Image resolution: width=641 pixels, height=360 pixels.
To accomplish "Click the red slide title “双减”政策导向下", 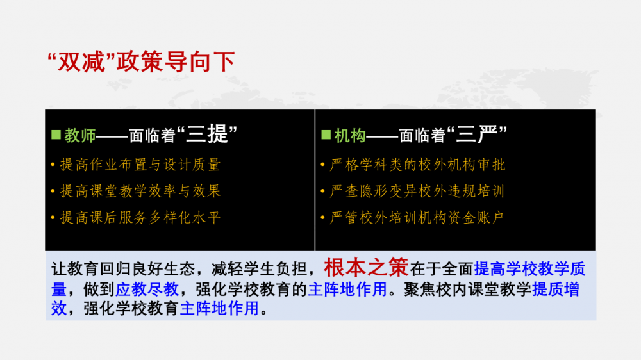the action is (x=141, y=62).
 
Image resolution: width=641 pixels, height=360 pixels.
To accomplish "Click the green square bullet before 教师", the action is (x=56, y=135).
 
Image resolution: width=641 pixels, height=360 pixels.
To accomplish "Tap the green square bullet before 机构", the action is (x=326, y=135).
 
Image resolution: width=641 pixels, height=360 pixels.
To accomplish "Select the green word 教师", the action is (x=79, y=136).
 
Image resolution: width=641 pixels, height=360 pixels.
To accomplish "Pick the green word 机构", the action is (x=350, y=136).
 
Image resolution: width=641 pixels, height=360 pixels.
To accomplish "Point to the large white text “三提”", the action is (x=207, y=134).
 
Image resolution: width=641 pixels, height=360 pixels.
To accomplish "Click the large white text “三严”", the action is (x=477, y=134).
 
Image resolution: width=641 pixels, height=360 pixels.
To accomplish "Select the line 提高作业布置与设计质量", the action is (x=140, y=165).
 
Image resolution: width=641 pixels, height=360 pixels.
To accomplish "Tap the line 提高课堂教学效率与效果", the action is (x=140, y=191).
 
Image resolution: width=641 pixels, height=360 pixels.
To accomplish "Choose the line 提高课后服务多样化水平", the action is (x=140, y=217).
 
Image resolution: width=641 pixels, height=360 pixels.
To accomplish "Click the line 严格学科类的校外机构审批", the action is (x=417, y=165).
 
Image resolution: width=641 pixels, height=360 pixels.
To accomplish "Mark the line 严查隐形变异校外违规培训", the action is (x=417, y=191).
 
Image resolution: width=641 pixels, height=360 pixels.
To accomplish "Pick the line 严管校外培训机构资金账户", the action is (x=417, y=217).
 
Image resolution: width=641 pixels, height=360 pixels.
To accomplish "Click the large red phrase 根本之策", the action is (x=366, y=267).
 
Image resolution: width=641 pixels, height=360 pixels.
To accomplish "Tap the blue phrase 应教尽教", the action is (x=147, y=290).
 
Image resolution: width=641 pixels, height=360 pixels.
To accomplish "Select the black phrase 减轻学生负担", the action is (x=259, y=269).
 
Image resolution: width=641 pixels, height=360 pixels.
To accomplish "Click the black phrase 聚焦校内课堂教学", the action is (x=468, y=290).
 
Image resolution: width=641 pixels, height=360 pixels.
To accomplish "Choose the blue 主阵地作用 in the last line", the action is (x=219, y=308).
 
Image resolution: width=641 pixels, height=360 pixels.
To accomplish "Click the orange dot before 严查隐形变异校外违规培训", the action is (x=322, y=191).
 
